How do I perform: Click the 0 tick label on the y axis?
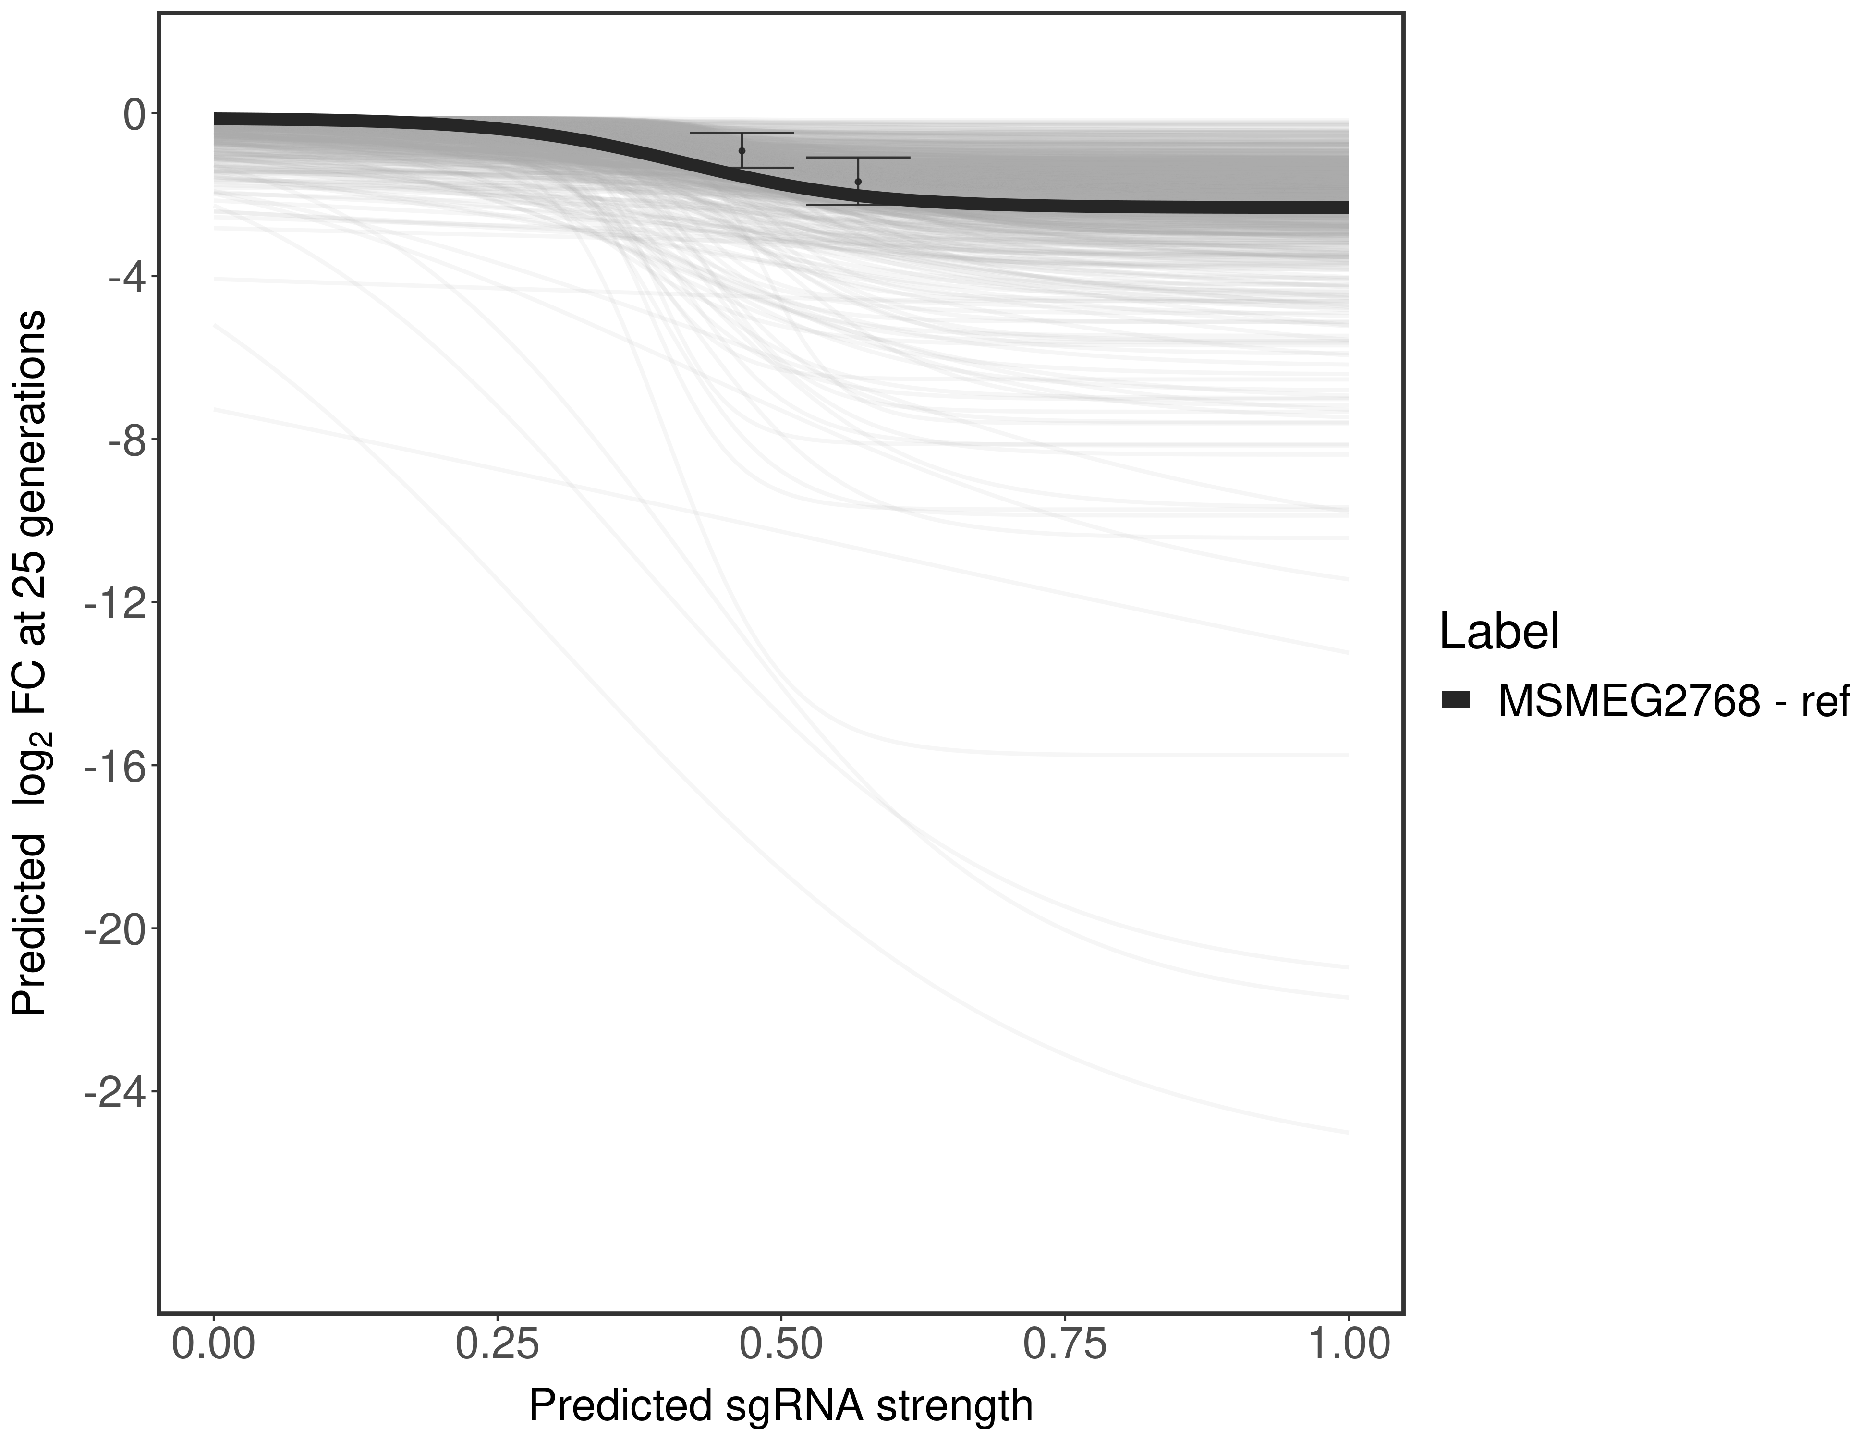click(x=134, y=115)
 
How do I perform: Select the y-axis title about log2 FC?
click(x=29, y=662)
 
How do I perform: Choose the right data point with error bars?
click(x=858, y=182)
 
